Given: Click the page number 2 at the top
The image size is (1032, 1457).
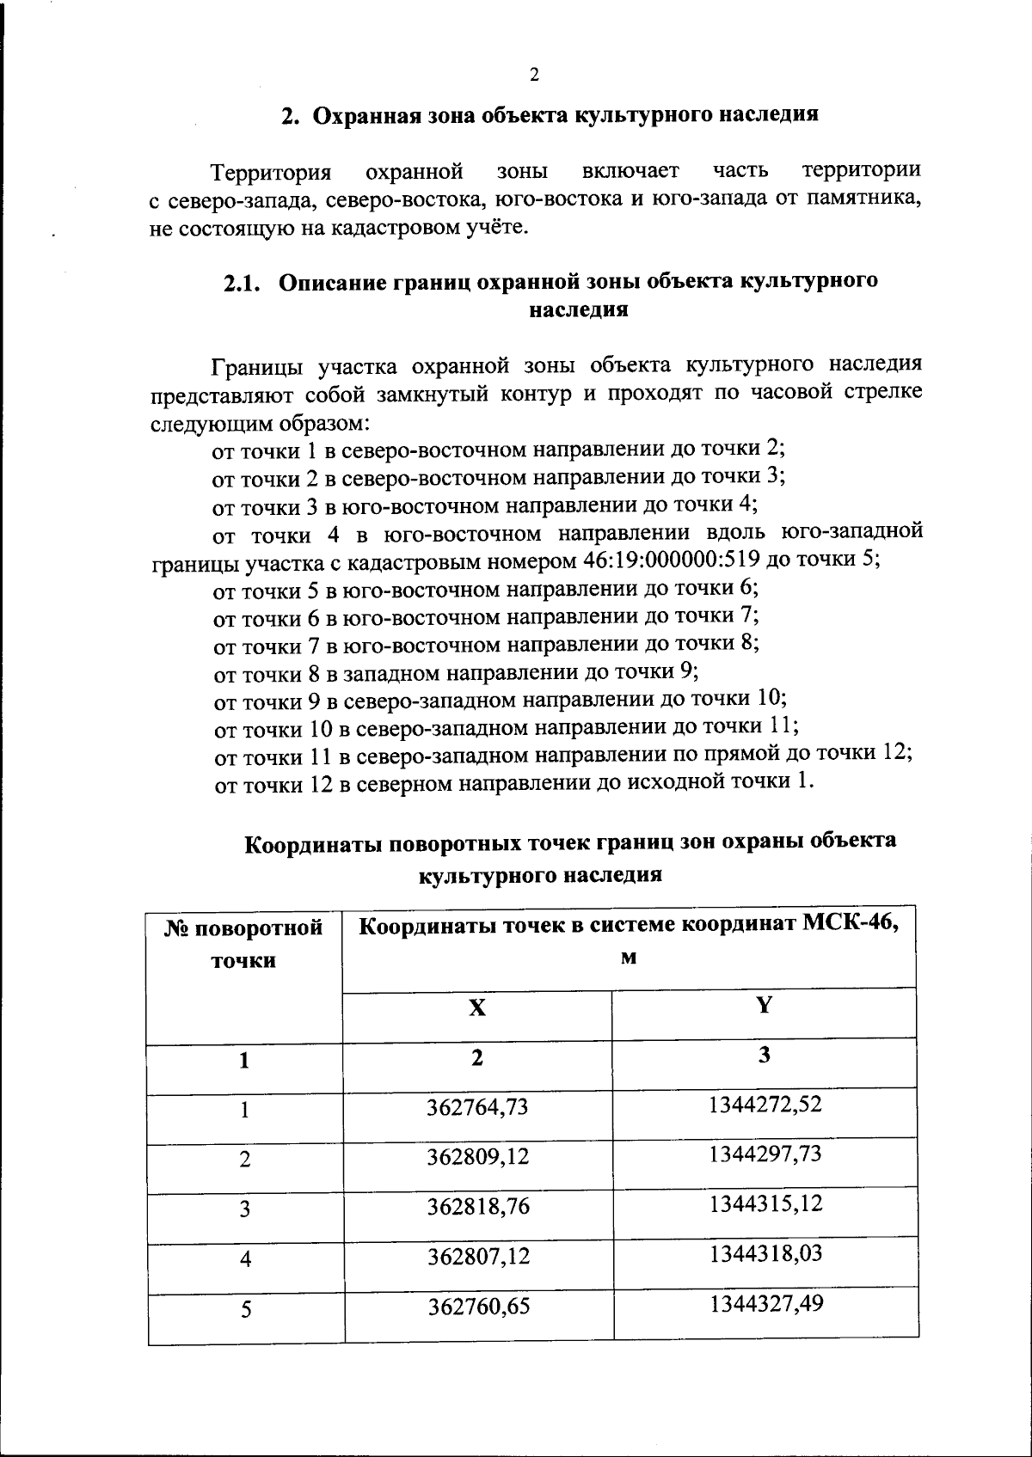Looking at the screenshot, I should pyautogui.click(x=533, y=75).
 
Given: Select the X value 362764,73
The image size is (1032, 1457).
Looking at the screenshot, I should pyautogui.click(x=477, y=1107).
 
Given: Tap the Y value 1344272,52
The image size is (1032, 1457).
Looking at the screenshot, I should pyautogui.click(x=765, y=1104).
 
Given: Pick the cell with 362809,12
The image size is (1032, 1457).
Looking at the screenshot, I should pyautogui.click(x=477, y=1157).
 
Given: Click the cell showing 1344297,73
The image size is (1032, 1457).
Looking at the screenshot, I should pyautogui.click(x=765, y=1154).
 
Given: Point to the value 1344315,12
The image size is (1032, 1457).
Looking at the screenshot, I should pyautogui.click(x=765, y=1203).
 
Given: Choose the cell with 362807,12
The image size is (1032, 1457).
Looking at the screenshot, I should pyautogui.click(x=477, y=1257).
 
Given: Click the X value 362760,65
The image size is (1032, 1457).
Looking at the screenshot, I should pyautogui.click(x=477, y=1307).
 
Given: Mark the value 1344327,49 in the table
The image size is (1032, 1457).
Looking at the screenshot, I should pyautogui.click(x=765, y=1304).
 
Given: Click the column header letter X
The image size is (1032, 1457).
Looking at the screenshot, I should pyautogui.click(x=477, y=1008).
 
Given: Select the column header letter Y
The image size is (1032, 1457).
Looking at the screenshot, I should pyautogui.click(x=764, y=1005).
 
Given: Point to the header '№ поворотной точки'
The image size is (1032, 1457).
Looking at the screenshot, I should pyautogui.click(x=244, y=944).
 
